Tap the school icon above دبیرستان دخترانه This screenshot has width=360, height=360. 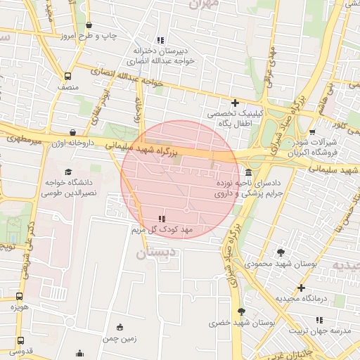point(160,40)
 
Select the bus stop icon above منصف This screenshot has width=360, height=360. point(67,76)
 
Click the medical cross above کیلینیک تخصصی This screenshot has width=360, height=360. point(236,103)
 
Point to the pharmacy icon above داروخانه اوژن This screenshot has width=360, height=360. point(74,131)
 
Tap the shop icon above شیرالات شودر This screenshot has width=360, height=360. point(312,131)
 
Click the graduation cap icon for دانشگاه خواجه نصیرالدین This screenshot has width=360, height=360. point(68,172)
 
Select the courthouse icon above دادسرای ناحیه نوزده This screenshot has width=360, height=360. point(248,173)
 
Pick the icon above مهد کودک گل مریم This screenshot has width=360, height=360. point(163,218)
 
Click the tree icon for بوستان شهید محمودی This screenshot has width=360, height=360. point(281,252)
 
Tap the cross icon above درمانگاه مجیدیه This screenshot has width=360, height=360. point(301,288)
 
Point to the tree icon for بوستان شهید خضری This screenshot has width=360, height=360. point(242,311)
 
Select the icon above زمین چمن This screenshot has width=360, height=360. point(119,327)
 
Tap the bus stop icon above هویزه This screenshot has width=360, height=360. point(19,296)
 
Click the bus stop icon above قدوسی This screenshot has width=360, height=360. point(19,340)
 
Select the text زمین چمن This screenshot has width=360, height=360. point(119,338)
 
